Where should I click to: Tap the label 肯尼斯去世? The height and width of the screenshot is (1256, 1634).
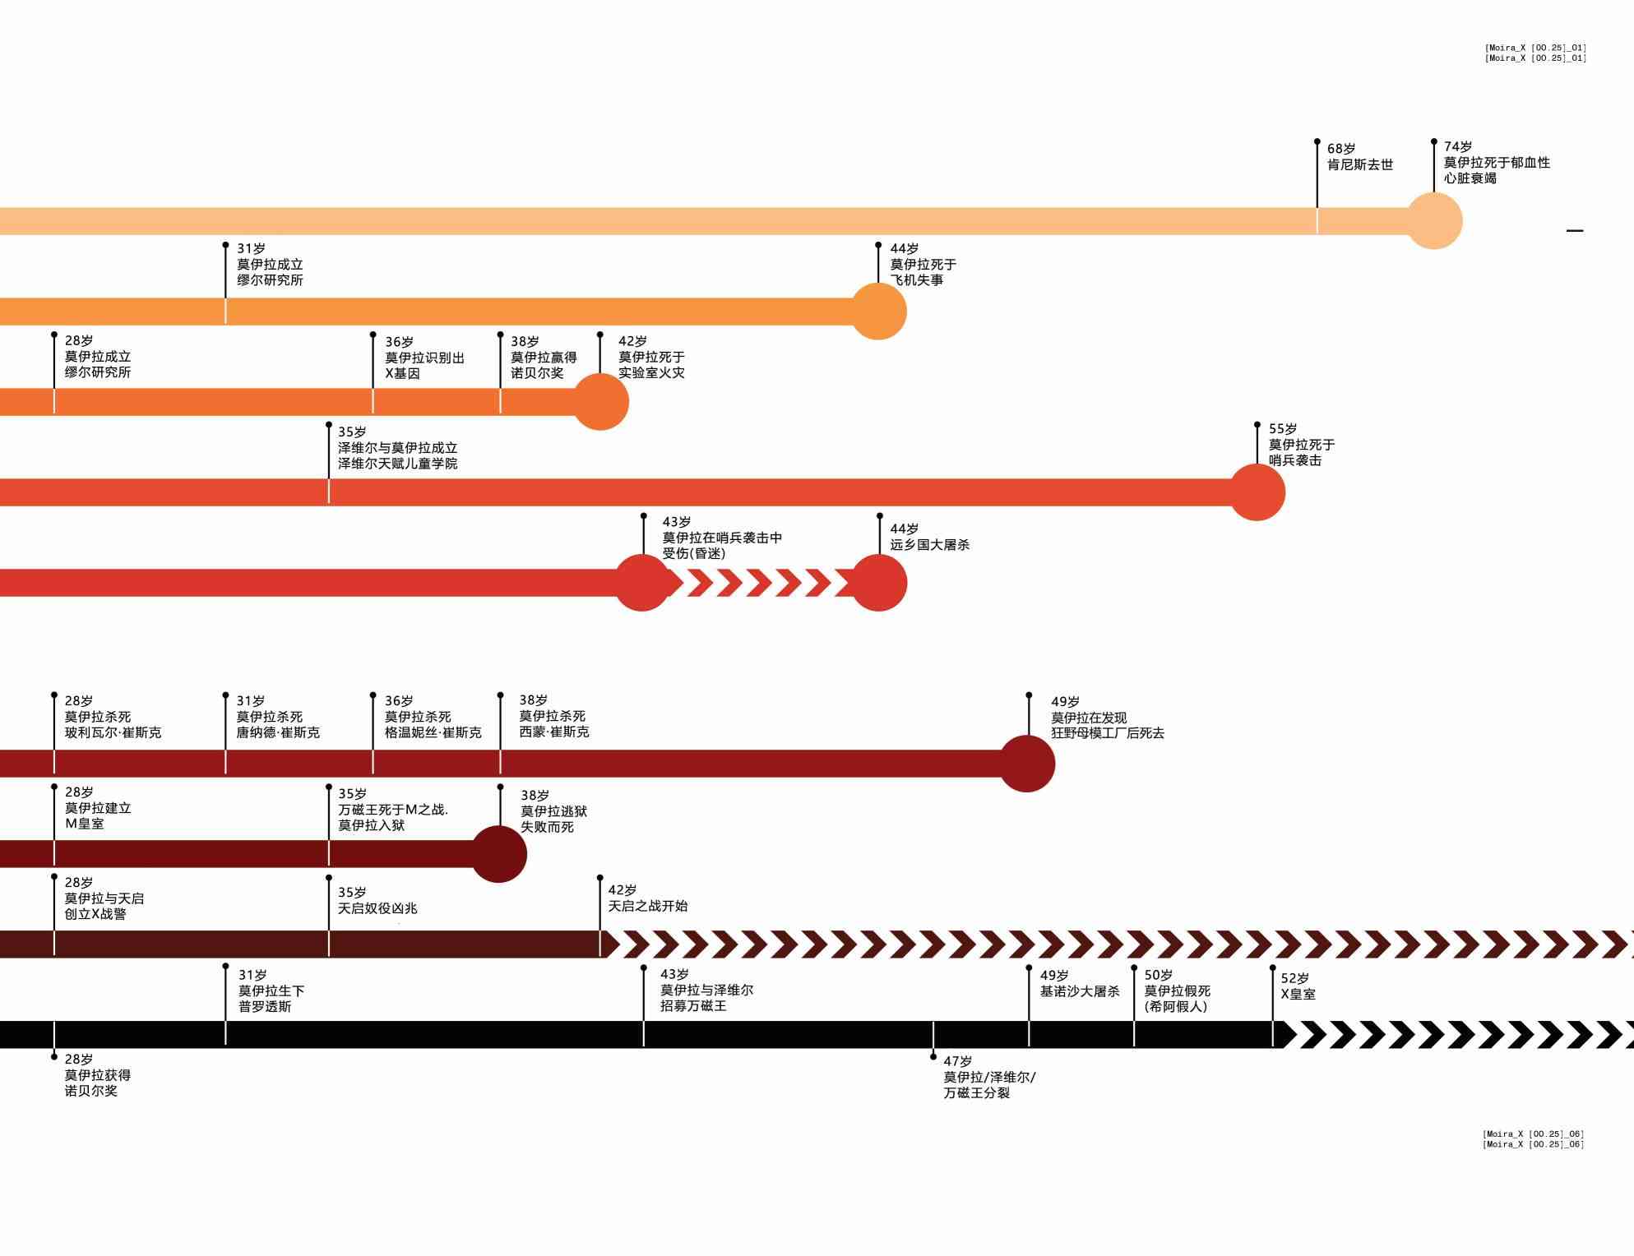[1359, 164]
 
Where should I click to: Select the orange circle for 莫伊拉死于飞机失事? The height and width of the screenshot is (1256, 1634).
[878, 312]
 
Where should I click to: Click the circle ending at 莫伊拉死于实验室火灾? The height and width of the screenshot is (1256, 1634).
[600, 402]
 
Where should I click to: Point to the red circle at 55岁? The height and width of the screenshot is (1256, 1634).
[1257, 492]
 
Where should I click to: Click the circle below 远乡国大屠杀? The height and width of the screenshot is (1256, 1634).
[878, 583]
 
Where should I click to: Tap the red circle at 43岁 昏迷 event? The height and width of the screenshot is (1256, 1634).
[643, 583]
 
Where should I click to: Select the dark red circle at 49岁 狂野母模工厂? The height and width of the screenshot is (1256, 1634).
[1027, 764]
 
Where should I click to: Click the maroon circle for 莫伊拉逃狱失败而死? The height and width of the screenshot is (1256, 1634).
[498, 854]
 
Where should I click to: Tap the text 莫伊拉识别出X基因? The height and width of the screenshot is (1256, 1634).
[424, 365]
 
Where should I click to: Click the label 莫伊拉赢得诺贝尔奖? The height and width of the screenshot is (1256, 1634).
[543, 365]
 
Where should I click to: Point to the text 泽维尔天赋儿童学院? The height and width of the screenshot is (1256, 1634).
[397, 464]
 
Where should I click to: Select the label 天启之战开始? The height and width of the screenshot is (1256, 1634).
[647, 906]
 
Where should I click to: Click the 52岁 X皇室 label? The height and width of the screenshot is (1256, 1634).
[1298, 986]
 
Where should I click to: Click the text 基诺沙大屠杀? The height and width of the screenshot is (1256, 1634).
[1079, 991]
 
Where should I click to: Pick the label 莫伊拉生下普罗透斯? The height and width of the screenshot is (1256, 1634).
[271, 999]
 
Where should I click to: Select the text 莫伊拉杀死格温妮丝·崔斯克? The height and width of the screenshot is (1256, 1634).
[433, 724]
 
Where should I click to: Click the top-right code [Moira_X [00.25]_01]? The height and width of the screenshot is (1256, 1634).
[1534, 53]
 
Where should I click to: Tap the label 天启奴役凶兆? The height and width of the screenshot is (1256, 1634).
[377, 908]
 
